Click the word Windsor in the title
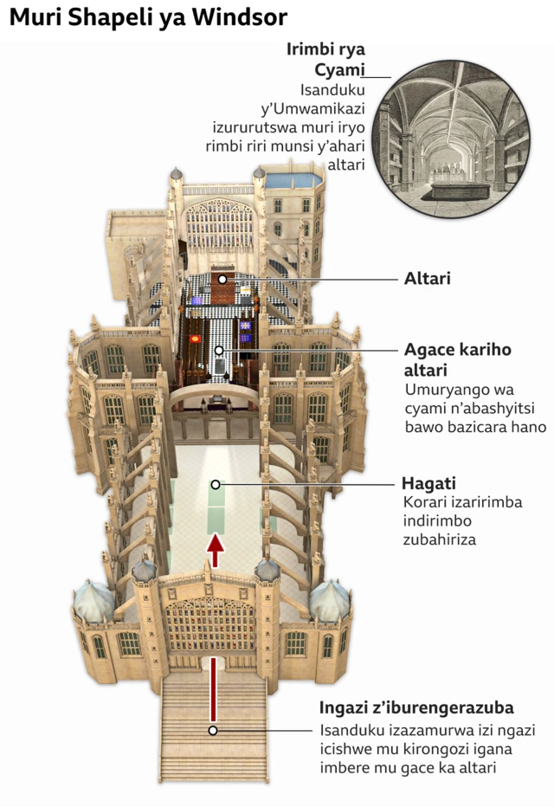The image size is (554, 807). click(240, 17)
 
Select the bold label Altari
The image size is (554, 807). click(428, 279)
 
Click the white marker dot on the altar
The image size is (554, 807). click(222, 279)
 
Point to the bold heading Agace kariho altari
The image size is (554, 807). click(458, 359)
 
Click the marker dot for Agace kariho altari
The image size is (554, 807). click(219, 351)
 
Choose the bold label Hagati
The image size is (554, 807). click(428, 483)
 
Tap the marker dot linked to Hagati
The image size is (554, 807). click(216, 484)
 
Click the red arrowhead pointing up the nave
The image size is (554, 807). click(216, 544)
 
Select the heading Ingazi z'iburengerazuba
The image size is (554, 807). click(416, 707)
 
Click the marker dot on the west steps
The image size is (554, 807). click(213, 730)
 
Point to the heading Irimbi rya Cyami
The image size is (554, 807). click(325, 59)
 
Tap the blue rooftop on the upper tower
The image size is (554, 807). click(293, 180)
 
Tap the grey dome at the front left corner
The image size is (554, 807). click(93, 601)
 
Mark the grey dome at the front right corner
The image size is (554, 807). click(330, 601)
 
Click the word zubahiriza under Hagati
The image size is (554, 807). click(439, 539)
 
